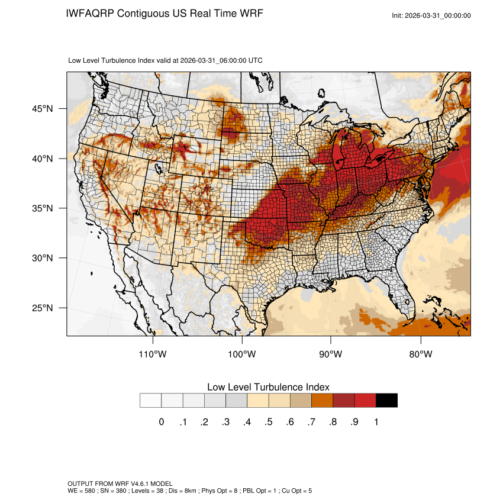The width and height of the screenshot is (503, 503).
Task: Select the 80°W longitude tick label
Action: tap(421, 354)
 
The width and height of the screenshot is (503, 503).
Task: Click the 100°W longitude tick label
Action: tap(242, 354)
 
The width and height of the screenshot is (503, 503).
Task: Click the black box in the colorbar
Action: tap(386, 401)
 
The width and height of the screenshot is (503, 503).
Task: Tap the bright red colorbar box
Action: tap(365, 401)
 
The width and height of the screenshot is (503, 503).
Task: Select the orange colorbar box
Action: tap(322, 401)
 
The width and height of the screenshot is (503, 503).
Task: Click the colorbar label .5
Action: tap(269, 422)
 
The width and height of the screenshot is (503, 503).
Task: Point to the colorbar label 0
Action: tap(162, 422)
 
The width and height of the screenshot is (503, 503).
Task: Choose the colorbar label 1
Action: tap(376, 422)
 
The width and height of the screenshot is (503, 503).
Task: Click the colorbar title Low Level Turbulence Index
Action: tap(268, 387)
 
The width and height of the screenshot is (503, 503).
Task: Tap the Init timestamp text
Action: tap(431, 15)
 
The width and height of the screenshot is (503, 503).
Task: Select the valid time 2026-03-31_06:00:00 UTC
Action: tap(221, 60)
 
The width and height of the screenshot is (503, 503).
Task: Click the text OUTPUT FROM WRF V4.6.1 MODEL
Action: tap(120, 484)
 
